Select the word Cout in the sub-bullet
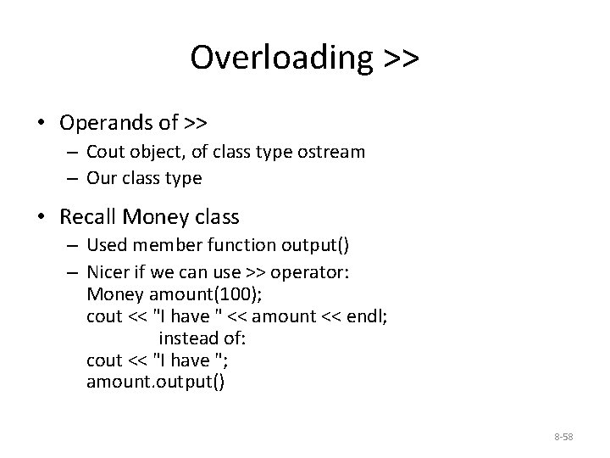point(104,152)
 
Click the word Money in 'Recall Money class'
point(152,216)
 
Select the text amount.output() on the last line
point(156,380)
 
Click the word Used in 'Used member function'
point(105,246)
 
